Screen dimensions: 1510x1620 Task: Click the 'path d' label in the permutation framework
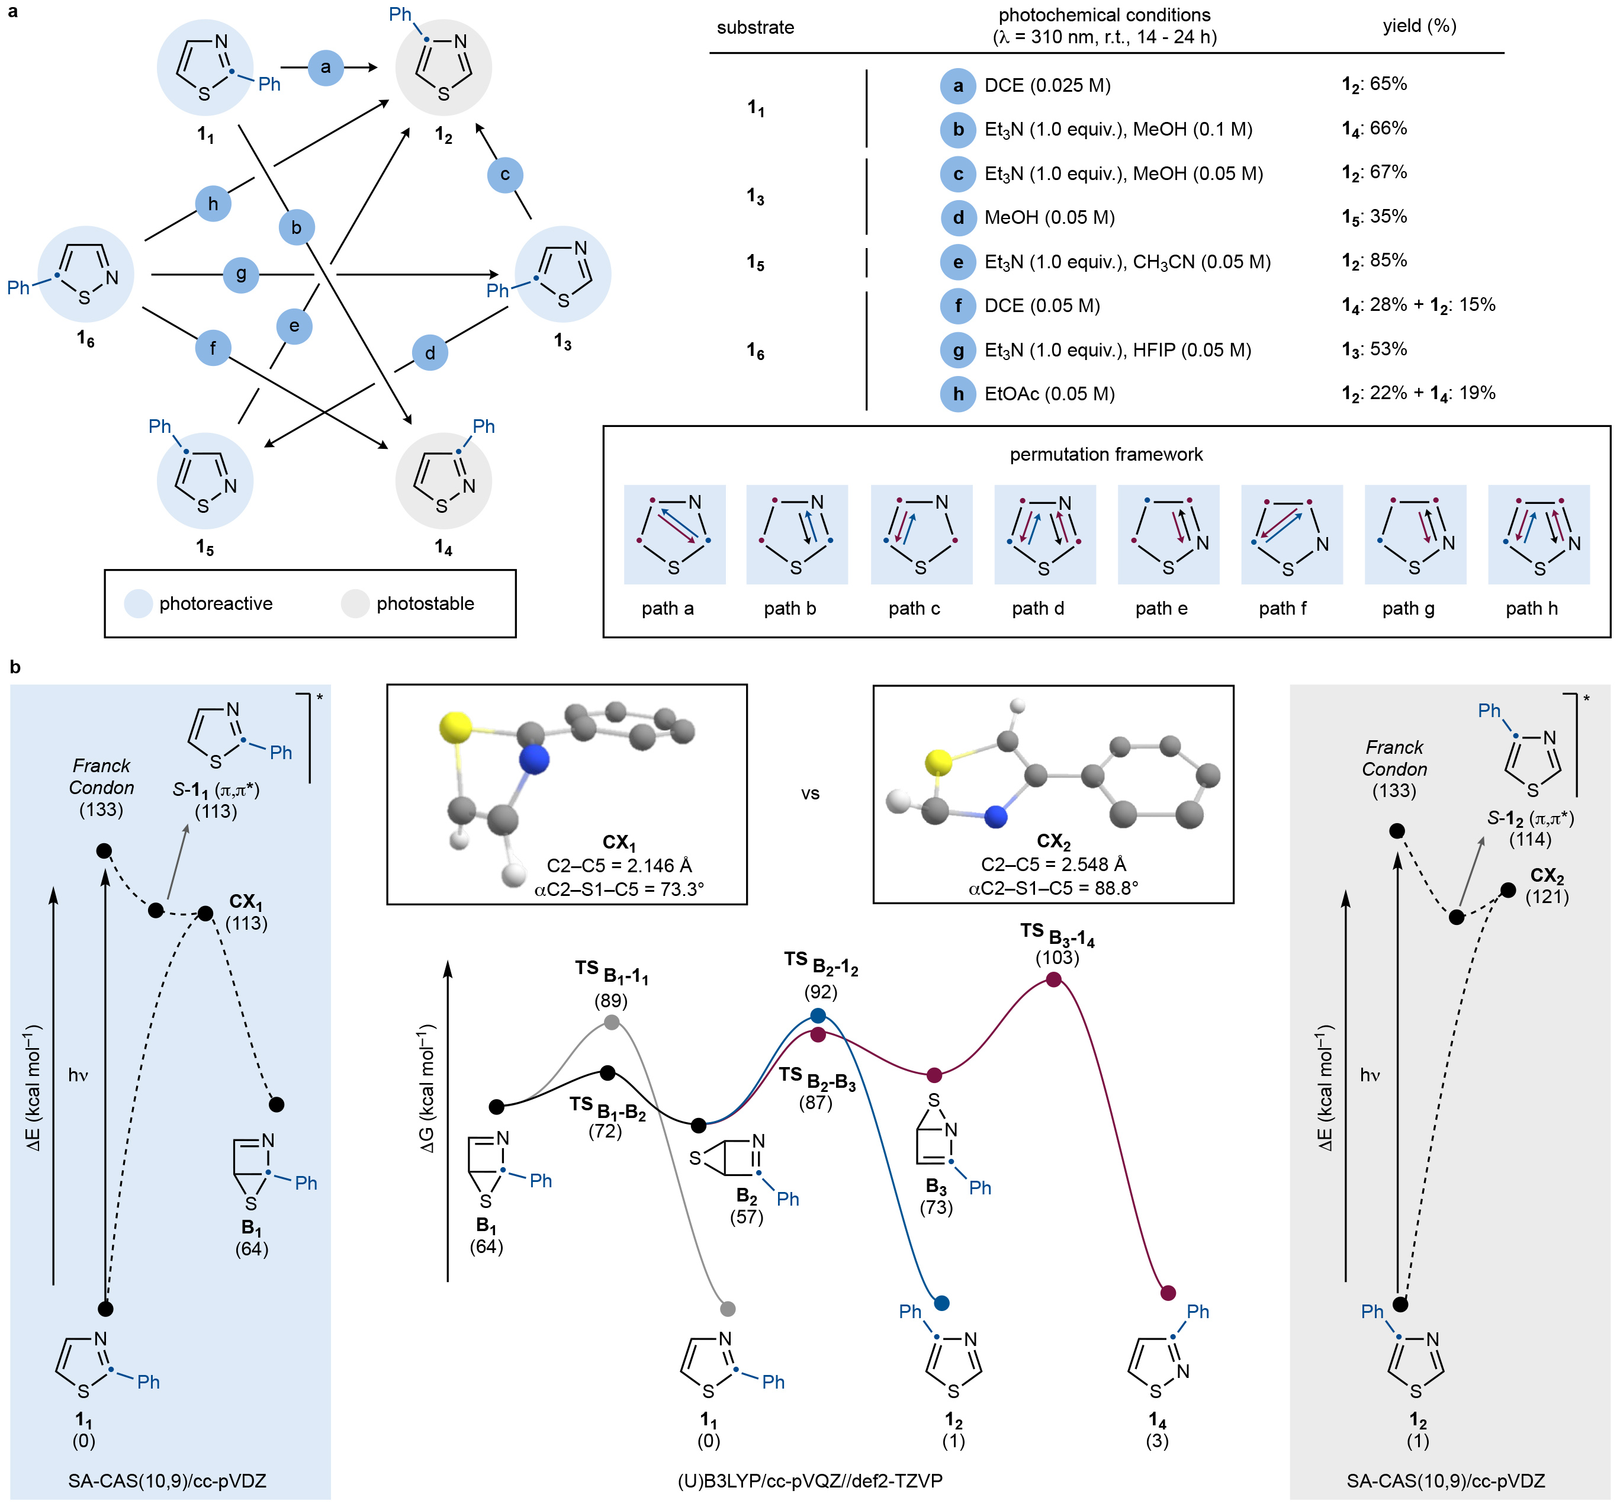coord(1037,608)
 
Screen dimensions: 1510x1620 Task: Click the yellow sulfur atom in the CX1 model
coord(455,728)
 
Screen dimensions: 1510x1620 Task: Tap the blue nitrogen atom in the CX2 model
coord(996,817)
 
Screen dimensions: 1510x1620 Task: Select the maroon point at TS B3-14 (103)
coord(1053,979)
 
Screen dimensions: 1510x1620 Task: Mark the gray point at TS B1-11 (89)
coord(612,1022)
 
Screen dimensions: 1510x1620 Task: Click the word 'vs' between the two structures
coord(809,793)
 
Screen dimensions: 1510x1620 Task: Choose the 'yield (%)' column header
coord(1419,26)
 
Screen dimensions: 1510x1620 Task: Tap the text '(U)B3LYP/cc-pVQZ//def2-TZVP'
coord(809,1480)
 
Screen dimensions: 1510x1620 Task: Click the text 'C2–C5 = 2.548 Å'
coord(1052,865)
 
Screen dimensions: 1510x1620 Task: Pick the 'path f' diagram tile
coord(1291,535)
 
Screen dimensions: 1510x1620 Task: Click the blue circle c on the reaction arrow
coord(504,174)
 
